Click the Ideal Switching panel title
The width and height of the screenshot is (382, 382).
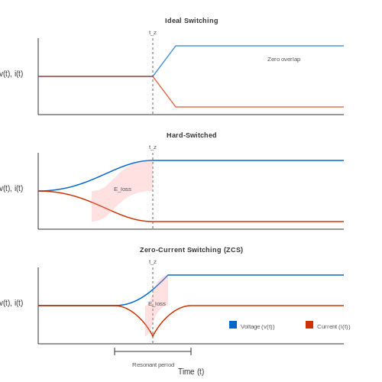tap(191, 21)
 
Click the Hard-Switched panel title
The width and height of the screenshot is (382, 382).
tap(192, 135)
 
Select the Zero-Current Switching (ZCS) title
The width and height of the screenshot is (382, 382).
tap(191, 250)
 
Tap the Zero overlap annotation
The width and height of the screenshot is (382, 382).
tap(283, 59)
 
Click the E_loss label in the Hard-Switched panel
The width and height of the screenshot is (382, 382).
tap(122, 189)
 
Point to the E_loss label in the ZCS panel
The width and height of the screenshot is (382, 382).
tap(157, 304)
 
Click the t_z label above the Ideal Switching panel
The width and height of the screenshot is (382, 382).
tap(153, 33)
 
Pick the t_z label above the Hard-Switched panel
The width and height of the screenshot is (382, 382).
tap(153, 147)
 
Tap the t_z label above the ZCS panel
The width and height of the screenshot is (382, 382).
tap(153, 262)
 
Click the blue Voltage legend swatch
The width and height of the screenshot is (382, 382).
tap(233, 325)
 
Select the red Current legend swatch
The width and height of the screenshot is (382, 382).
tap(309, 325)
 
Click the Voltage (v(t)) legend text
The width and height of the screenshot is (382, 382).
tap(257, 327)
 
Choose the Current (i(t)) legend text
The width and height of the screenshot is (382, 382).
tap(334, 327)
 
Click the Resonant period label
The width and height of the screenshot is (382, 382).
tap(153, 365)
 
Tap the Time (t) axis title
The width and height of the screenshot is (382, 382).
tap(191, 372)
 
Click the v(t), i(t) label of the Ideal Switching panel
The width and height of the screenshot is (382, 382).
tap(11, 74)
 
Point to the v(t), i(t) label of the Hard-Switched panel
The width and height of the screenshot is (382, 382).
tap(11, 189)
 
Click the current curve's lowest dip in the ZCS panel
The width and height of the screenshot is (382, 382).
tap(153, 336)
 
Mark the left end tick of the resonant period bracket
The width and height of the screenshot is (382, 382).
tap(115, 351)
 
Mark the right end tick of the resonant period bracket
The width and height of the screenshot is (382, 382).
tap(191, 351)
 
